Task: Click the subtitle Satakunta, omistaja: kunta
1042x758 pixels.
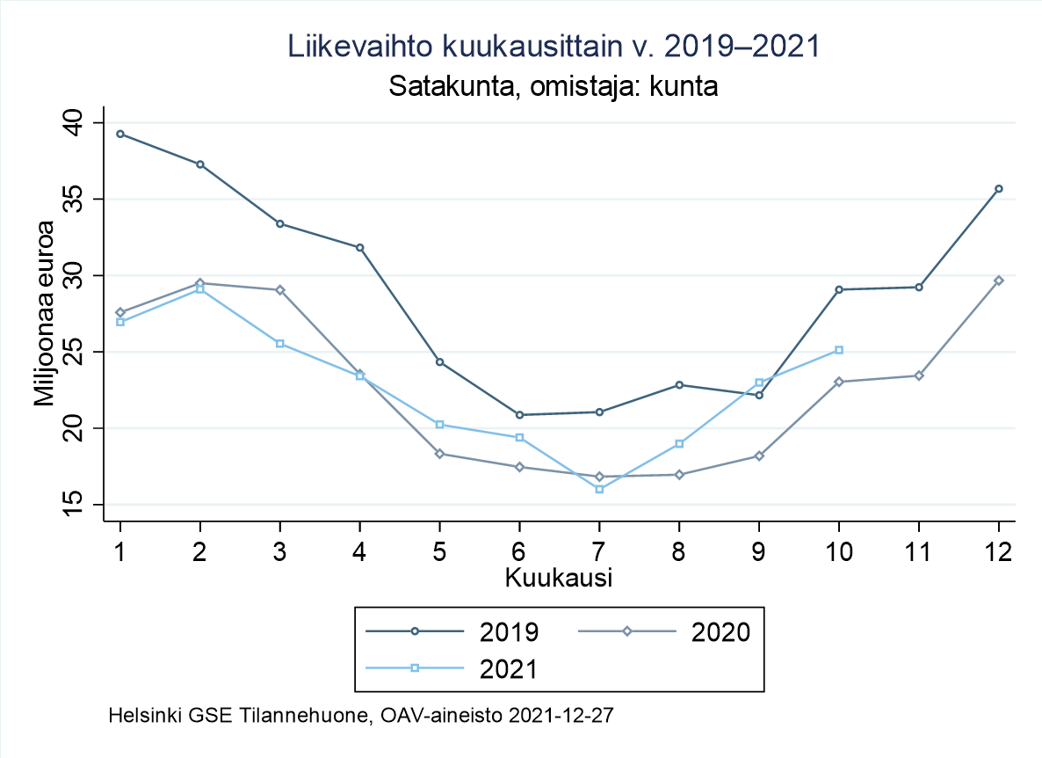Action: coord(554,87)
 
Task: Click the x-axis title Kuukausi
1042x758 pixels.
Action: coord(558,579)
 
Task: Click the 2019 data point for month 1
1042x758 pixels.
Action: coord(120,134)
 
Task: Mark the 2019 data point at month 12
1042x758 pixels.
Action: coord(999,189)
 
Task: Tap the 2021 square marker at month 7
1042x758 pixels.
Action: coord(599,489)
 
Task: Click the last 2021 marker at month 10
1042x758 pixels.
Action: coord(839,350)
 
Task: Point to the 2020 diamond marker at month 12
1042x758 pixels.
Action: coord(999,281)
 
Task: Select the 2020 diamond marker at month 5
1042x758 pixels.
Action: coord(439,454)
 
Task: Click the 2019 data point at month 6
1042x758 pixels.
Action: coord(519,415)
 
